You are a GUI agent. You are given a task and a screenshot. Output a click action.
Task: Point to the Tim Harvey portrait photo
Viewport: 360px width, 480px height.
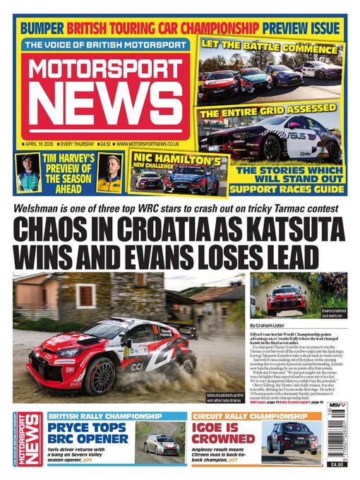tap(28, 173)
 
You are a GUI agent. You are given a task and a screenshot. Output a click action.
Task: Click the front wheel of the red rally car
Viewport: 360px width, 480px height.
tap(100, 376)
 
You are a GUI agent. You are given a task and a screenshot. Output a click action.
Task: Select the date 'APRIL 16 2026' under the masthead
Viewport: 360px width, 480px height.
tap(44, 143)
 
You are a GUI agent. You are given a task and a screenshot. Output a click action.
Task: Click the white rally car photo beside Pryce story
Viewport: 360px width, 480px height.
tap(161, 442)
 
